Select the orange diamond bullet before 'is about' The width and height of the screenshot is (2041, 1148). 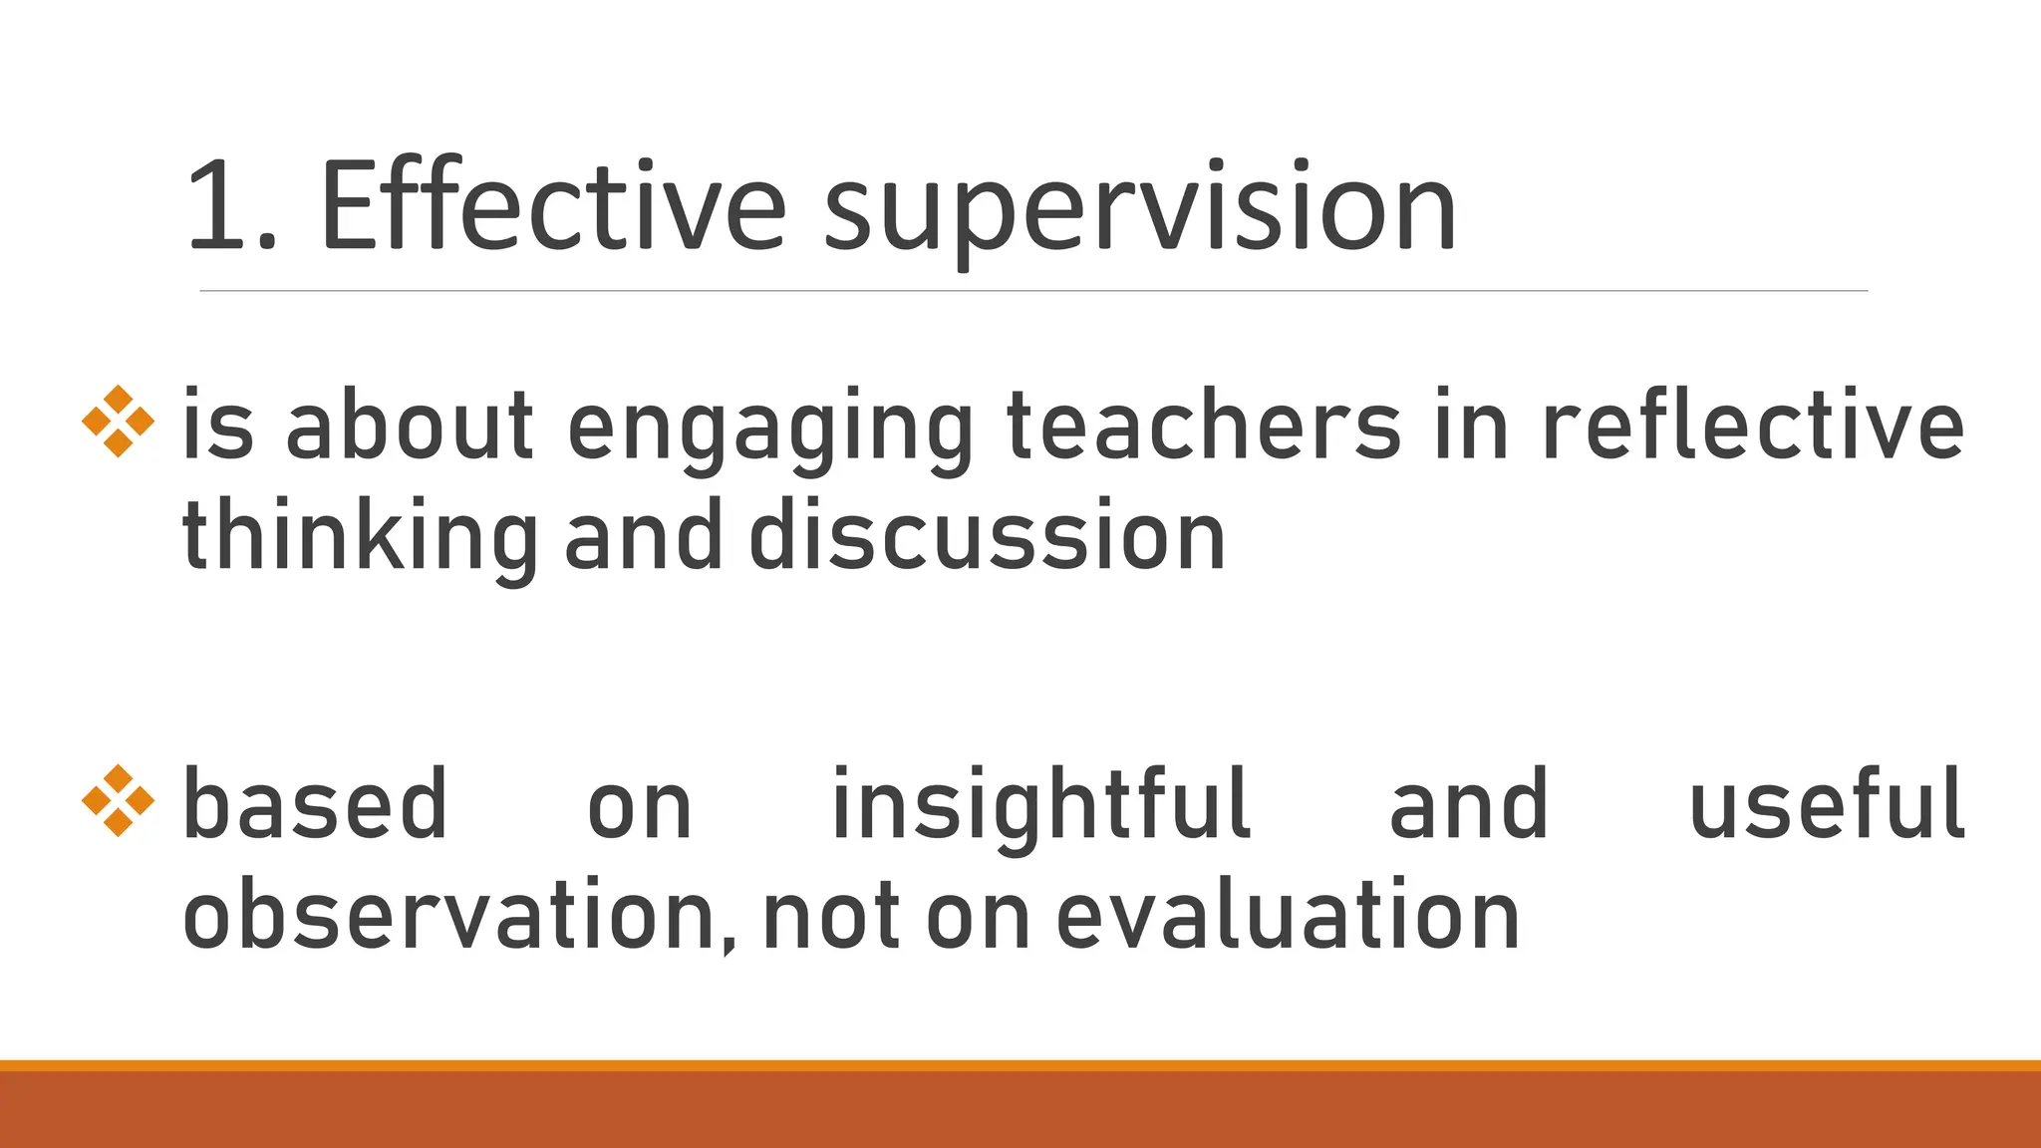click(118, 422)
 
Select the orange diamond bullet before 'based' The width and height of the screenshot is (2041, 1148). click(118, 800)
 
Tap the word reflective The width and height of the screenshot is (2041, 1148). click(1753, 426)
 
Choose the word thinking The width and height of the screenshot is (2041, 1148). click(360, 538)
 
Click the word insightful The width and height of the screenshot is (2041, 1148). click(1040, 805)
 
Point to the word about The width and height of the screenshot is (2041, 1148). click(410, 426)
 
